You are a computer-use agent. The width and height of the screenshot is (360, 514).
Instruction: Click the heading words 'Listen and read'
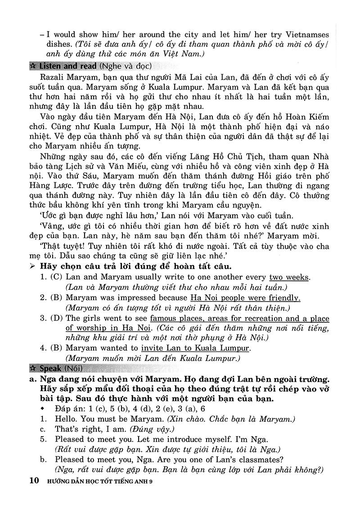pyautogui.click(x=67, y=66)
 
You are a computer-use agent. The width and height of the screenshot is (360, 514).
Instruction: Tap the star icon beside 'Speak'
pyautogui.click(x=32, y=369)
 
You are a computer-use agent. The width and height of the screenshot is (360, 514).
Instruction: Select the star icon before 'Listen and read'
pyautogui.click(x=32, y=66)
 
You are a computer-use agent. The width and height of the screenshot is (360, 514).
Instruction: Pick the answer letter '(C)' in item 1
pyautogui.click(x=56, y=277)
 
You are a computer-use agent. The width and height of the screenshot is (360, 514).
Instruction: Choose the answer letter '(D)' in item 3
pyautogui.click(x=56, y=319)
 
